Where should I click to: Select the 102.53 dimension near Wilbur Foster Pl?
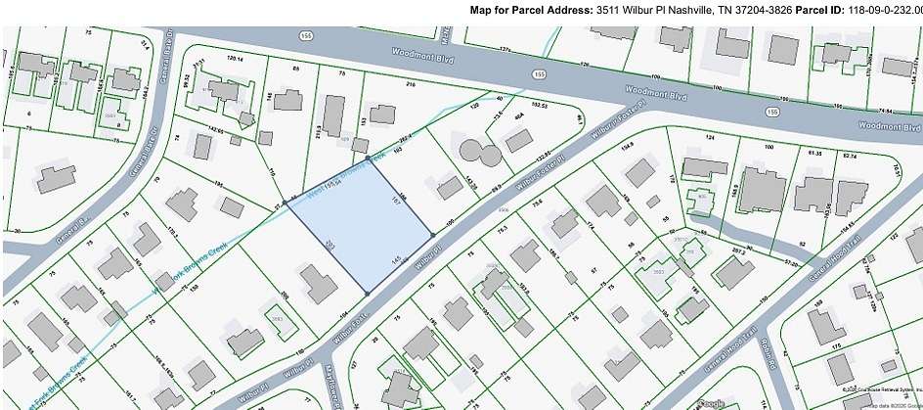pos(538,103)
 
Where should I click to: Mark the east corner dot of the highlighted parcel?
pos(432,235)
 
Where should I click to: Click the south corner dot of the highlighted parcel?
pos(366,292)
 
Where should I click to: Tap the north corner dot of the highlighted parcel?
pos(368,157)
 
